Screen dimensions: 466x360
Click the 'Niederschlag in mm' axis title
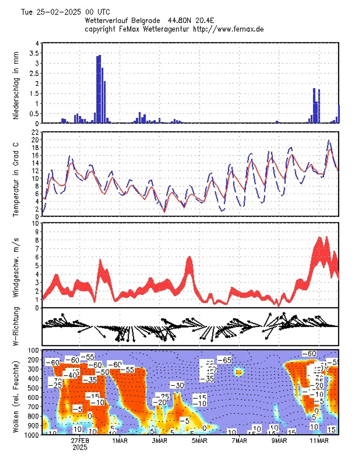point(16,83)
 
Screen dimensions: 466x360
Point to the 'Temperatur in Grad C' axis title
point(16,174)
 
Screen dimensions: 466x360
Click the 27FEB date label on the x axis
point(80,441)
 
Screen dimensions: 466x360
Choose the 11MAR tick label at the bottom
point(319,441)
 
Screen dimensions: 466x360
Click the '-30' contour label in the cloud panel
point(177,385)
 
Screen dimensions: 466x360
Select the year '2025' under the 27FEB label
point(80,447)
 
